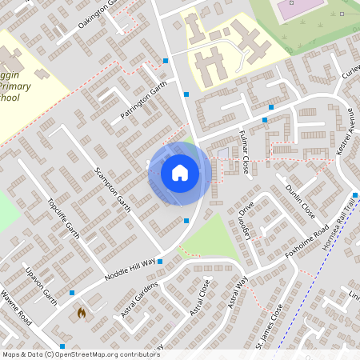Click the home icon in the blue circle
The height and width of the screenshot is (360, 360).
pos(179,172)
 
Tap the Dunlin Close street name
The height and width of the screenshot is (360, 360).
pos(300,202)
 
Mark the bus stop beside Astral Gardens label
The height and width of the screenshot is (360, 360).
pos(160,261)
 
